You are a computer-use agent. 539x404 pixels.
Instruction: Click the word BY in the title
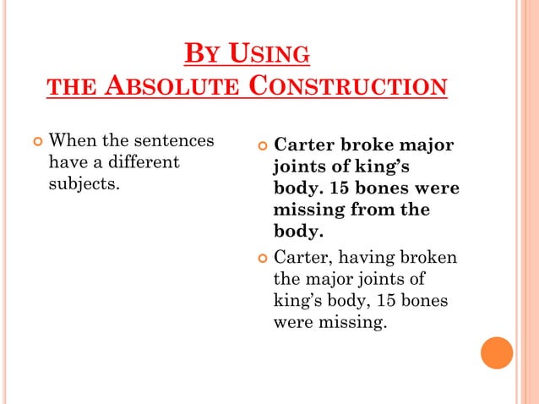point(196,56)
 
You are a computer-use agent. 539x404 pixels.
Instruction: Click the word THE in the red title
point(63,88)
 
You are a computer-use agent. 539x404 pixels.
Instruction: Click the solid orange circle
point(497,352)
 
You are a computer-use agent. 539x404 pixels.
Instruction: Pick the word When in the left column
point(71,140)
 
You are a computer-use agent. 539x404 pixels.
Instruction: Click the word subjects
point(84,183)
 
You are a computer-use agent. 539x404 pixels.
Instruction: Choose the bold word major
point(425,146)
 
